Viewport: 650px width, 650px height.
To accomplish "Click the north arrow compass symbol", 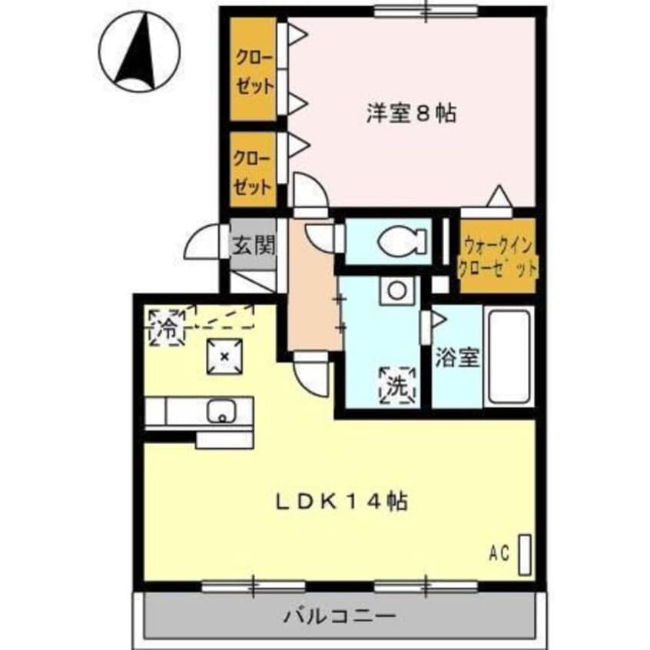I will tap(141, 51).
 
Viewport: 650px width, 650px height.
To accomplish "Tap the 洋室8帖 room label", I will tap(410, 114).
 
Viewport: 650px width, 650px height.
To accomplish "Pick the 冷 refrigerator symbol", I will tap(167, 328).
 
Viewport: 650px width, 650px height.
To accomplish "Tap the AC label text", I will tap(500, 552).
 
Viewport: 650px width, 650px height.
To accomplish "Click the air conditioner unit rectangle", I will tap(526, 553).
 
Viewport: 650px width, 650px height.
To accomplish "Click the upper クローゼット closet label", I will tap(253, 70).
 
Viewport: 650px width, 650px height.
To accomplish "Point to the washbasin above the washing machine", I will tap(397, 290).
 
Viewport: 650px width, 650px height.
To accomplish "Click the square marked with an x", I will tap(224, 356).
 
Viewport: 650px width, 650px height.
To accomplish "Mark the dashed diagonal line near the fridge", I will tap(223, 315).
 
